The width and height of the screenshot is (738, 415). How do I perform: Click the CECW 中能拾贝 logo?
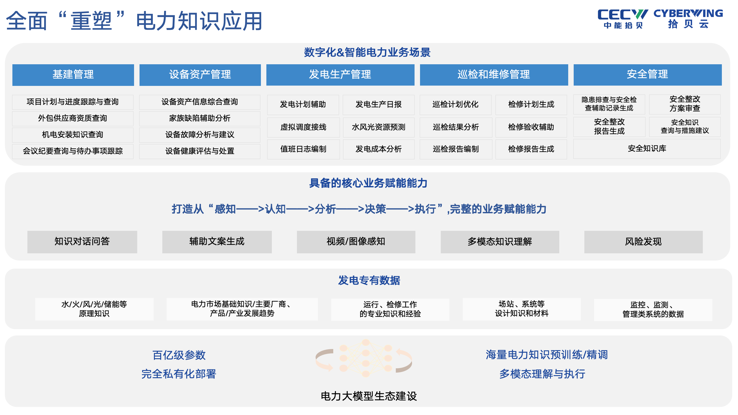coord(623,19)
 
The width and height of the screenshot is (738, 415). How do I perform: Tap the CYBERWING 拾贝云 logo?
coord(688,18)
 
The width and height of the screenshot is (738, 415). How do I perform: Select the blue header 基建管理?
coord(73,75)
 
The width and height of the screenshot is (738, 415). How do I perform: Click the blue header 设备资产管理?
coord(200,75)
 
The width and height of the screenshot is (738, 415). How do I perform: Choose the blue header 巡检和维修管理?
coord(494,75)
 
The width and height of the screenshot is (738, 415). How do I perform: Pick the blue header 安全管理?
coord(647,75)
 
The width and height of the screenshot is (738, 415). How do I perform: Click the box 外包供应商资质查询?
coord(73,118)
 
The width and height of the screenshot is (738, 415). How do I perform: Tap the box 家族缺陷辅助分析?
coord(200,118)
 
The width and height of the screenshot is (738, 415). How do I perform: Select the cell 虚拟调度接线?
coord(303,127)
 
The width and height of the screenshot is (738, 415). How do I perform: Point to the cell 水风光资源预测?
coord(379,127)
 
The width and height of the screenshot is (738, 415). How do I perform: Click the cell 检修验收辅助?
coord(531,127)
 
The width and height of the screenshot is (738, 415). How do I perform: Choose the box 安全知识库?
coord(647,149)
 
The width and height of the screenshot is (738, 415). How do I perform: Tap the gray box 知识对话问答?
coord(82,242)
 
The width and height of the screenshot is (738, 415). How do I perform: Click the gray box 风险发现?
coord(643,242)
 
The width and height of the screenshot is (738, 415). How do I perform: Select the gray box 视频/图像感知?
coord(356,242)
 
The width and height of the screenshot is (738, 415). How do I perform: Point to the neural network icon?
coord(364,358)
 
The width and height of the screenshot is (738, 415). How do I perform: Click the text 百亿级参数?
coord(179,355)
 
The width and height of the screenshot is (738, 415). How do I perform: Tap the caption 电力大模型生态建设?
coord(369,396)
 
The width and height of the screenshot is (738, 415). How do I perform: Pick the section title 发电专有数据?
coord(369,280)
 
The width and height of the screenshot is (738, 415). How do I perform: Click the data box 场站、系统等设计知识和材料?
coord(522,309)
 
